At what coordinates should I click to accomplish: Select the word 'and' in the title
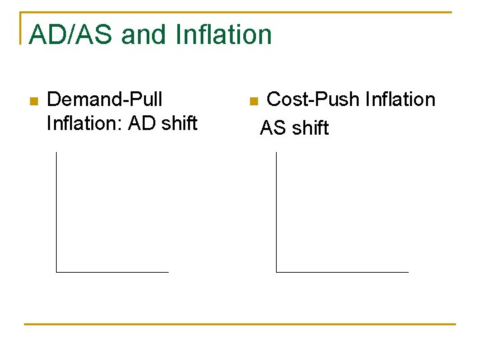coord(144,35)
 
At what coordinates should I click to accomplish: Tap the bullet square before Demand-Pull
coord(34,101)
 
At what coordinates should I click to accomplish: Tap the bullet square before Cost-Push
coord(253,101)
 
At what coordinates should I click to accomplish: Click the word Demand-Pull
coord(105,100)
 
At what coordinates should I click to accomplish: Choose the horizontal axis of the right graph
coord(342,272)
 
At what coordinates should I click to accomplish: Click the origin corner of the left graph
coord(57,272)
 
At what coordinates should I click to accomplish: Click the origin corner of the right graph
coord(276,272)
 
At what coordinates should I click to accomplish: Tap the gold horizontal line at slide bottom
coord(240,325)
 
